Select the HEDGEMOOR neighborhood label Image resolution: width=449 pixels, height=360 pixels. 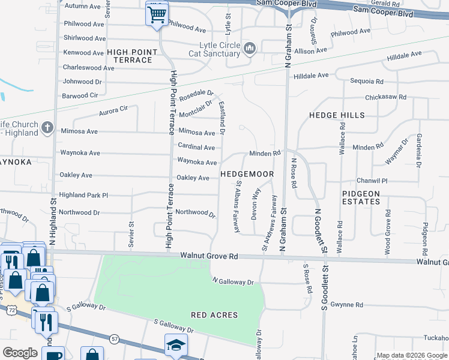tap(247, 174)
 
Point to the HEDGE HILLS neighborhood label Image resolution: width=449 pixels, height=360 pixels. tap(337, 115)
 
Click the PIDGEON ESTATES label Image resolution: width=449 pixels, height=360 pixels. tap(361, 197)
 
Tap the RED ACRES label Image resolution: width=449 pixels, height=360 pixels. tap(214, 315)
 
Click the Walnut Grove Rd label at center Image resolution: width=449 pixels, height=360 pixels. tap(209, 256)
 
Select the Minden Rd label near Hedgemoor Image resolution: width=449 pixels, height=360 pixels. tap(265, 154)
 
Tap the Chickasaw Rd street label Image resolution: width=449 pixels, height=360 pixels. tap(386, 97)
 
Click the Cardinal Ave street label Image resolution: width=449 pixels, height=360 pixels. tap(196, 147)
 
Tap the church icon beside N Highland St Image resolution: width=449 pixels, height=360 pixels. tap(49, 128)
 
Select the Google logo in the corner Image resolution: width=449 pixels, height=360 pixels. tap(20, 353)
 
